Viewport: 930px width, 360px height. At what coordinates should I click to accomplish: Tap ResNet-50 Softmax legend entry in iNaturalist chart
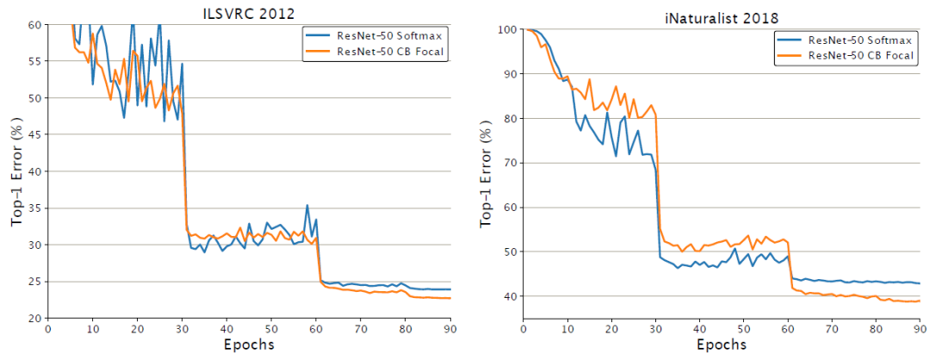point(849,40)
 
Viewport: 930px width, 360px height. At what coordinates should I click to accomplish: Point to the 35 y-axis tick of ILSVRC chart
point(36,208)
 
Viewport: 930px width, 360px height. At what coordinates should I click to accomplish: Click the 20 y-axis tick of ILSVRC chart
point(36,319)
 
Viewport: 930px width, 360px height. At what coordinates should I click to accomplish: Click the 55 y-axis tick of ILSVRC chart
point(36,61)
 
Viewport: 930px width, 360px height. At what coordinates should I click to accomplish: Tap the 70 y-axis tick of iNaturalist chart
point(509,163)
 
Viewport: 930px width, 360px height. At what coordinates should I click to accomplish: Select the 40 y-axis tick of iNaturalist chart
point(509,296)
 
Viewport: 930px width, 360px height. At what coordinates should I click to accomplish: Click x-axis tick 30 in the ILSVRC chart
point(182,329)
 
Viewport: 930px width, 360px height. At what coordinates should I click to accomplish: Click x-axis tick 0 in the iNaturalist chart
point(524,328)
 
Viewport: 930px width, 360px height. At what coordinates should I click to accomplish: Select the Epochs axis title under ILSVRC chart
point(247,344)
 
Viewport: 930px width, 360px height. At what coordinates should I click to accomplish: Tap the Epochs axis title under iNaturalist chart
point(722,344)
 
